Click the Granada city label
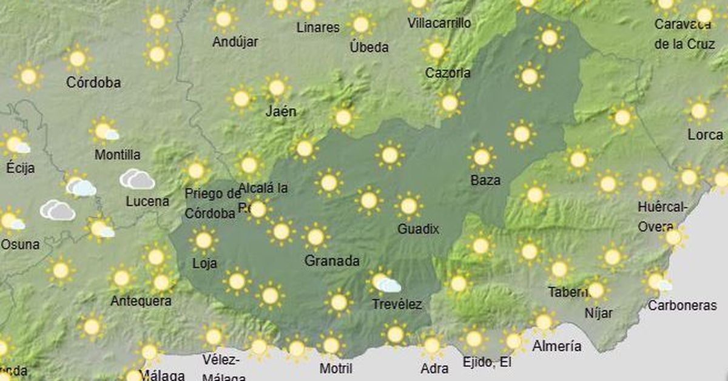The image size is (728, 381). [332, 261]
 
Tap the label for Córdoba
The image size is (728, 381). [93, 83]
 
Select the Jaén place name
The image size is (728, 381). [281, 112]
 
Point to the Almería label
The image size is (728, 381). [556, 346]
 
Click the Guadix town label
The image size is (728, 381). [418, 229]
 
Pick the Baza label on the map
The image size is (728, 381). [485, 180]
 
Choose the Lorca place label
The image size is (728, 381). [705, 135]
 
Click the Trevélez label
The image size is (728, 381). [398, 304]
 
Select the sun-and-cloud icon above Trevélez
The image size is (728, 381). [385, 282]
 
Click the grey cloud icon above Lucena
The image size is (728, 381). [137, 179]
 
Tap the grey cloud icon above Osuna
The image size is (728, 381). [57, 210]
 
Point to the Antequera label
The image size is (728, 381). [141, 301]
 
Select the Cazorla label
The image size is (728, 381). [448, 73]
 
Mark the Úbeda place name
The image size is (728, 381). [369, 47]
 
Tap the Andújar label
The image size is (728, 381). [235, 42]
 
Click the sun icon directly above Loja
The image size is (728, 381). [203, 240]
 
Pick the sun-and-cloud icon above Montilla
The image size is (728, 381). [105, 130]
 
